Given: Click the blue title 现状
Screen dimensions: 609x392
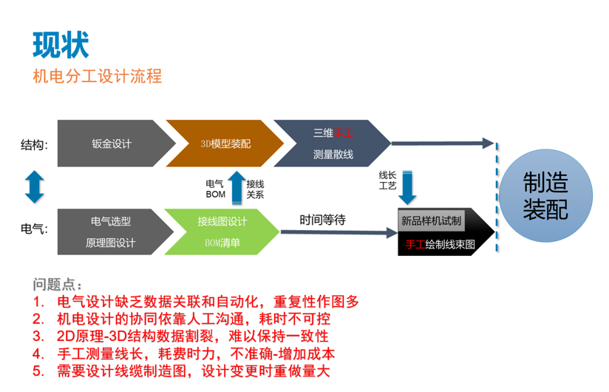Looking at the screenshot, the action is click(x=61, y=45).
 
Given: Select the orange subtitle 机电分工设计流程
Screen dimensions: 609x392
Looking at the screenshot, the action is click(x=97, y=76).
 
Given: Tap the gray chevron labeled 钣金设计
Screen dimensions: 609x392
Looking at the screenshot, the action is click(x=117, y=143).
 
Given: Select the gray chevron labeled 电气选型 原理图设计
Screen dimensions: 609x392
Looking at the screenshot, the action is click(x=115, y=232).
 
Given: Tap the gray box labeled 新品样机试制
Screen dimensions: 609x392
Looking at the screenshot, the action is click(x=431, y=220).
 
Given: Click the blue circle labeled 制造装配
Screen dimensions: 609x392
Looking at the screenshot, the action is click(x=545, y=196).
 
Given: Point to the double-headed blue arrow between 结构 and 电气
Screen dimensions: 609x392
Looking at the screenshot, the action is click(x=35, y=187).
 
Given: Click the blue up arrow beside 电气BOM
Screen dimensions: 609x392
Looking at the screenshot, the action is click(x=237, y=188).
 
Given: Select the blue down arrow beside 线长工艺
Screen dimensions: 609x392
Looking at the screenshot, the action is click(x=407, y=188).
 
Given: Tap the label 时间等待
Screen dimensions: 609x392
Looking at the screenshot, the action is click(x=322, y=220).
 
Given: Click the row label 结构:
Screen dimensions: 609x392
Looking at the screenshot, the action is click(x=34, y=145).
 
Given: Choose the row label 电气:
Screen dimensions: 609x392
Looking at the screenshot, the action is click(x=34, y=229).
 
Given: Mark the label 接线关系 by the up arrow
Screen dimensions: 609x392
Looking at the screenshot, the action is click(x=255, y=189).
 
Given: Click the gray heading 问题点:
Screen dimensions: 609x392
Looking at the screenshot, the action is click(x=57, y=284).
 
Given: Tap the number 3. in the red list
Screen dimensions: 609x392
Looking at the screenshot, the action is click(x=38, y=336).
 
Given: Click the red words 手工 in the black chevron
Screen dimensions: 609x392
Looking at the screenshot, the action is click(x=415, y=244).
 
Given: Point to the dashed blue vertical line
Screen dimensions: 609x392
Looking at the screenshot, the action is click(x=497, y=197).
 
